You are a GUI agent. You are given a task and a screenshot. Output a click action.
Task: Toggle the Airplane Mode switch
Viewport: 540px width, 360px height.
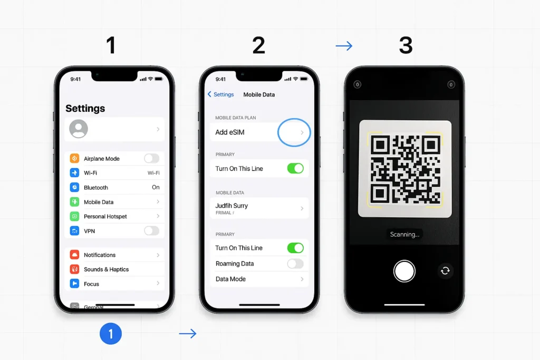(151, 158)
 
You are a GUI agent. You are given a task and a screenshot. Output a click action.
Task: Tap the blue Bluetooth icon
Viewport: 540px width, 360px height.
(74, 187)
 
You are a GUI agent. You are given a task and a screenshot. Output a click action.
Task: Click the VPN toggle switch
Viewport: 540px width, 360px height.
(151, 231)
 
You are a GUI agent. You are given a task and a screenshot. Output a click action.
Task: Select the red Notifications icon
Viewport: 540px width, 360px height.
(74, 255)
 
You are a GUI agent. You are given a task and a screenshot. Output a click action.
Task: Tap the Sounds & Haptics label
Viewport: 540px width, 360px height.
(106, 269)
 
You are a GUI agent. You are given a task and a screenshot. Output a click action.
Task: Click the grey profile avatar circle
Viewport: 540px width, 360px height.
(79, 129)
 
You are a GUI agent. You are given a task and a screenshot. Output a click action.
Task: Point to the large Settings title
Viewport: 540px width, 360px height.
(85, 109)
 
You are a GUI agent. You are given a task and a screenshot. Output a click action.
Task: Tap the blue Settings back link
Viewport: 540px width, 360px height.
(220, 94)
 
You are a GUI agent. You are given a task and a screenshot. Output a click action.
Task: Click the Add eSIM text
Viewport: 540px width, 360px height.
(230, 132)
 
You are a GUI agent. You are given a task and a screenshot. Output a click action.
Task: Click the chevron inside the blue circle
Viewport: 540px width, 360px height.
(302, 133)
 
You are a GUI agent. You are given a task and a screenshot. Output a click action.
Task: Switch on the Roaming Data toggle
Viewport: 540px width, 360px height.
(295, 264)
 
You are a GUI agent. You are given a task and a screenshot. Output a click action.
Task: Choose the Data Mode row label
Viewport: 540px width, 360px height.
(230, 279)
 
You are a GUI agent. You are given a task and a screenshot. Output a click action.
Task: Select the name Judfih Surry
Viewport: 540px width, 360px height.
(232, 206)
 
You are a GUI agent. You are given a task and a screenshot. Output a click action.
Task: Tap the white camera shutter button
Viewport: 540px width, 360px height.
(404, 271)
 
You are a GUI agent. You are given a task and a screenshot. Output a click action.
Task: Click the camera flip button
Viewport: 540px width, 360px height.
(446, 270)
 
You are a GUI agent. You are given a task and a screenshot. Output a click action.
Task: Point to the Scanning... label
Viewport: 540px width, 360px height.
(404, 235)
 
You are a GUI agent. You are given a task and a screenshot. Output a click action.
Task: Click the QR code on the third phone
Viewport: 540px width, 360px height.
(405, 169)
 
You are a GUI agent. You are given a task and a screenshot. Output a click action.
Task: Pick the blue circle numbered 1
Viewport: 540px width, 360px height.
(111, 334)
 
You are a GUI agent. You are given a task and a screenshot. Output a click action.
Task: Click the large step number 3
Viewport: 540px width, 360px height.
(405, 46)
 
